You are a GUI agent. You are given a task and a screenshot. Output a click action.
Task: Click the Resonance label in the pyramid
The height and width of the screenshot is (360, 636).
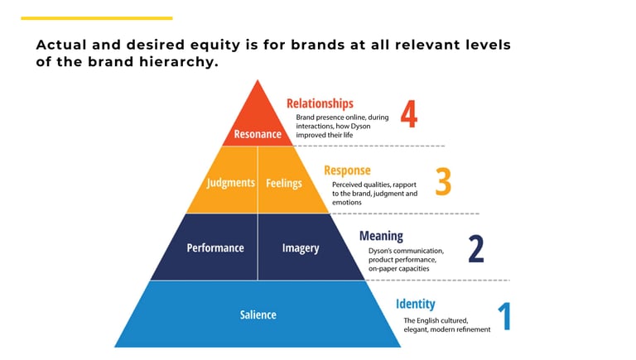pos(258,134)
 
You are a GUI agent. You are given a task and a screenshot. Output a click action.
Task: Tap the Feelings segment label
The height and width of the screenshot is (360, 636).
pos(284,183)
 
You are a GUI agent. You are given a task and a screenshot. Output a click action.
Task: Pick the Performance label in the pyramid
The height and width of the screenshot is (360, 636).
pos(215,247)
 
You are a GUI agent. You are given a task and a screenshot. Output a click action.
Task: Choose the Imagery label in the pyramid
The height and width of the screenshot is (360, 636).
pos(300,247)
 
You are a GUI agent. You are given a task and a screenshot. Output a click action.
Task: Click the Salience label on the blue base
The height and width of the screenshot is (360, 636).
pos(258,314)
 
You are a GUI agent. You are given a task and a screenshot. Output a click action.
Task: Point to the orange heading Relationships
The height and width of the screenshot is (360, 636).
pos(320,103)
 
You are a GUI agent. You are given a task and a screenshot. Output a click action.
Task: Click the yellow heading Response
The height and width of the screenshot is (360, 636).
pos(347,170)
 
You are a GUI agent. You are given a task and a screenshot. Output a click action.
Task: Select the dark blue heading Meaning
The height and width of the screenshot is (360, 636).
pos(381,236)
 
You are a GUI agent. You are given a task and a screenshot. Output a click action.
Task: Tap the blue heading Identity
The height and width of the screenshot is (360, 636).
pos(415,304)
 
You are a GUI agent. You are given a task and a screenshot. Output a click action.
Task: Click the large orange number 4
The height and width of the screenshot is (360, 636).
pos(408,115)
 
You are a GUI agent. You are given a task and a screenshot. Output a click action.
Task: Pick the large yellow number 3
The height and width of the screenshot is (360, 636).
pos(443,182)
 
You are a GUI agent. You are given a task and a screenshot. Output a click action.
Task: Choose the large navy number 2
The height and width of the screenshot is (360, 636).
pos(476,248)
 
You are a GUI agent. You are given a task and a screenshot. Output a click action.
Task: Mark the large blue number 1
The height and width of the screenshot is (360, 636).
pos(504,316)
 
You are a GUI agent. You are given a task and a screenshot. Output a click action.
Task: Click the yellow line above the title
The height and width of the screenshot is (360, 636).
pos(97,18)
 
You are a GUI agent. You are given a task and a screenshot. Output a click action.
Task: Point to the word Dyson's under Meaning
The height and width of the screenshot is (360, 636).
pos(383,251)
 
